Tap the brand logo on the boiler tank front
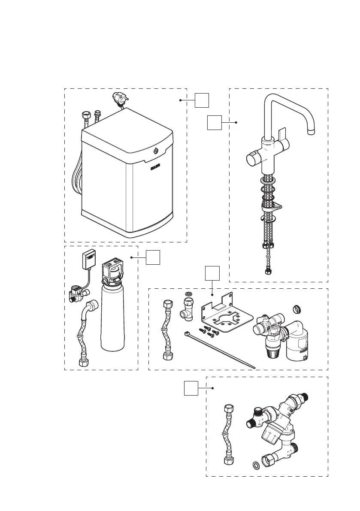pyautogui.click(x=155, y=167)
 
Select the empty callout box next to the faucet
pyautogui.click(x=215, y=122)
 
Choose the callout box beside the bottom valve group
pyautogui.click(x=191, y=388)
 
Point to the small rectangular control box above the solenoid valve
pyautogui.click(x=89, y=260)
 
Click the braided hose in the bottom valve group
pyautogui.click(x=227, y=433)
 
